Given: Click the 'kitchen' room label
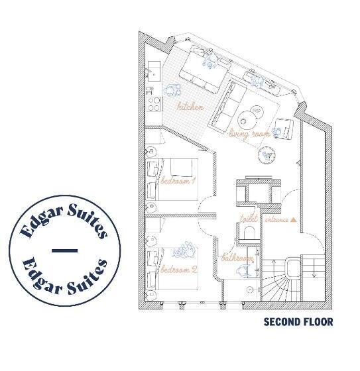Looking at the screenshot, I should [190, 106].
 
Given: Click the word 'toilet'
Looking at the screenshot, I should [248, 219].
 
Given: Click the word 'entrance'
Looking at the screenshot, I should [277, 219].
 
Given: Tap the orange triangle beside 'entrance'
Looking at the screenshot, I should [292, 219].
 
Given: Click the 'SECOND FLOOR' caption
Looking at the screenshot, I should [298, 323].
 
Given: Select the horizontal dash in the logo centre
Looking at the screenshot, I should [64, 250].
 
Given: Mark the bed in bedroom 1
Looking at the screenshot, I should [174, 180].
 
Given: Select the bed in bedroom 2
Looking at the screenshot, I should [174, 268].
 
